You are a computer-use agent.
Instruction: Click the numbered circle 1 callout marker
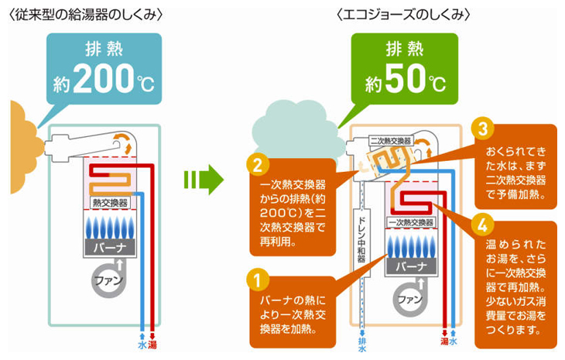tap(257, 276)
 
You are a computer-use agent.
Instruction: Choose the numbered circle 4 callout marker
tap(482, 224)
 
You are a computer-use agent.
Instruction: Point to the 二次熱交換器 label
tap(391, 141)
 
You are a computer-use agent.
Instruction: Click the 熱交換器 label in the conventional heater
tap(109, 202)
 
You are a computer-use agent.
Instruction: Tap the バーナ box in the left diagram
tap(109, 248)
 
